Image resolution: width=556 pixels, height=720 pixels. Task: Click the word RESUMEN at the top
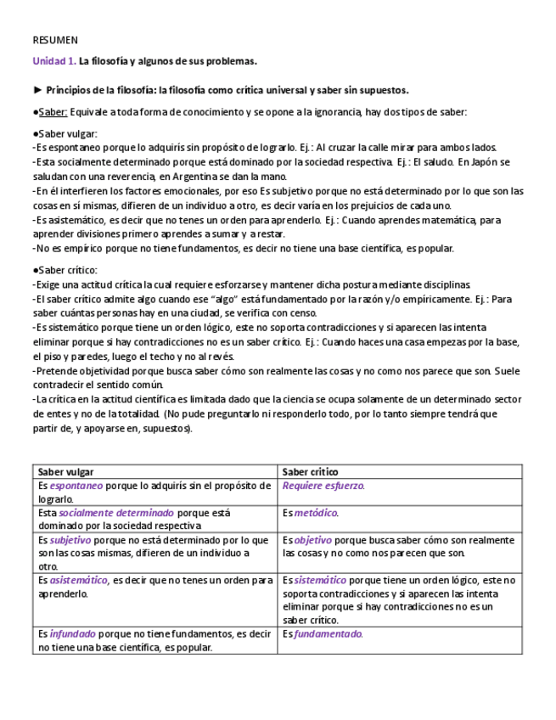click(55, 40)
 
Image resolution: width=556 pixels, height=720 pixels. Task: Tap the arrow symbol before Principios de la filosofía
click(37, 90)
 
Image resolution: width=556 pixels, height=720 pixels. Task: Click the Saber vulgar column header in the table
click(66, 472)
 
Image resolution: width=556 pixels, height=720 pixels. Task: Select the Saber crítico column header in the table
click(310, 472)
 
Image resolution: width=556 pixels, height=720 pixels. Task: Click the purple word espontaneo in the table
click(76, 487)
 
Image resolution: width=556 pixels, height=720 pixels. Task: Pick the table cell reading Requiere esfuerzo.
click(323, 487)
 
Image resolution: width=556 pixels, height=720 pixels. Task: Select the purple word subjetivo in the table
click(70, 540)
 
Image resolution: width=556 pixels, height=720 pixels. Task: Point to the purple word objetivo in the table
click(313, 540)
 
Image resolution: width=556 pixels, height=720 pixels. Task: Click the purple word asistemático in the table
click(79, 581)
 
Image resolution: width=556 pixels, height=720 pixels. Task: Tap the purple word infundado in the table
click(73, 634)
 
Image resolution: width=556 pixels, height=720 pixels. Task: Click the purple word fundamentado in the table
click(329, 634)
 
